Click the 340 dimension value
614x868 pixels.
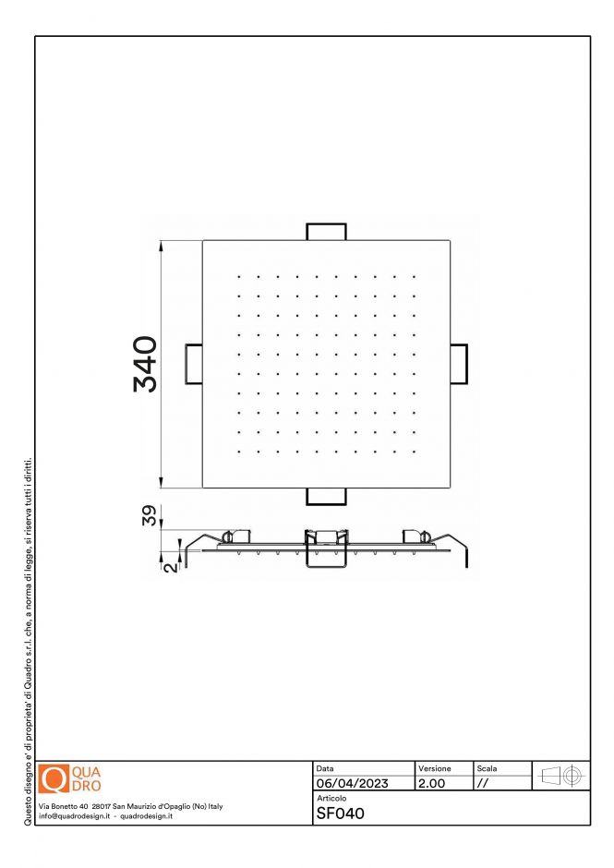click(146, 364)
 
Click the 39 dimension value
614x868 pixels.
click(150, 515)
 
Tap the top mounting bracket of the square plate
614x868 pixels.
click(326, 232)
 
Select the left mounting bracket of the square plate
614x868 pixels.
click(194, 364)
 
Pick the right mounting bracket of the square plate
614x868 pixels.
click(459, 364)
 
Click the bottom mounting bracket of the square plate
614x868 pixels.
click(326, 497)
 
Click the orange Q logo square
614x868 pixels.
click(54, 778)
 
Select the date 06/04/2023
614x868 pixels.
click(352, 783)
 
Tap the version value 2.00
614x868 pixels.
click(432, 783)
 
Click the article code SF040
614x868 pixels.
click(341, 814)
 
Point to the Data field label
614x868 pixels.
click(325, 768)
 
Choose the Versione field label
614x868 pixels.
click(435, 768)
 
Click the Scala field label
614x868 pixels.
click(487, 768)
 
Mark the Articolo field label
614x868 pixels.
click(331, 798)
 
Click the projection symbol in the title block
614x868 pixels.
click(561, 776)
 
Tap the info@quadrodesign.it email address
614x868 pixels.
click(74, 816)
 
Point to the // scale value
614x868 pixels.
click(482, 784)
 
